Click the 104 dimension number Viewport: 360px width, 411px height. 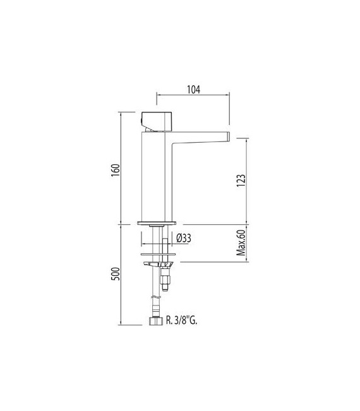click(x=193, y=89)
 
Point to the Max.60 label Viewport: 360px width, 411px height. click(x=241, y=243)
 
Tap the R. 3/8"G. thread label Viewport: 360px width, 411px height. click(x=187, y=321)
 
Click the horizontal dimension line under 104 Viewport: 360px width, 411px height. click(x=193, y=97)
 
